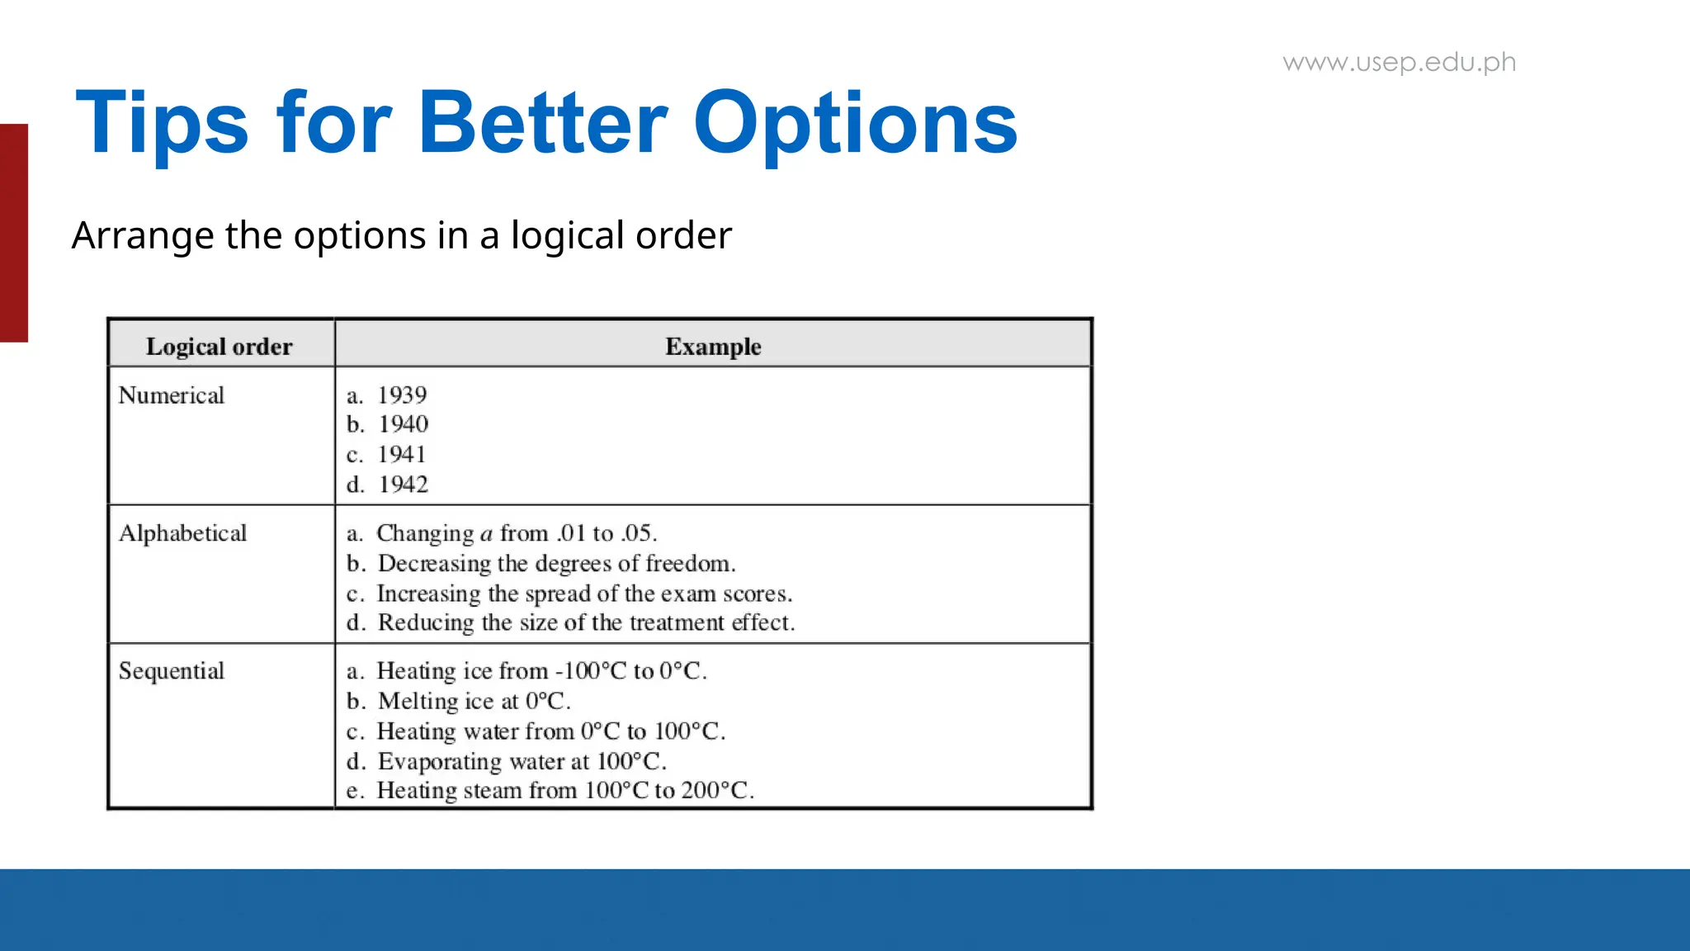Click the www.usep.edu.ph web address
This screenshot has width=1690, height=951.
tap(1399, 63)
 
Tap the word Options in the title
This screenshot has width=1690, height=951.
tap(855, 124)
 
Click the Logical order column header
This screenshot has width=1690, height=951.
tap(219, 347)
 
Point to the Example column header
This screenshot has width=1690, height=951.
tap(713, 347)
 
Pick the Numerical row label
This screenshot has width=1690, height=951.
tap(171, 395)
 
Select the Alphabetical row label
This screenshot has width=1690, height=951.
tap(182, 533)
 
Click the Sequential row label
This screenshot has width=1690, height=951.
tap(171, 671)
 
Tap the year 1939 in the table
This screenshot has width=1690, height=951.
tap(402, 395)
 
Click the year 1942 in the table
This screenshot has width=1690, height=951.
tap(403, 485)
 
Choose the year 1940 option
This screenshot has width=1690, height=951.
tap(403, 424)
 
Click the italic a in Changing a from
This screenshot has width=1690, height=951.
tap(487, 534)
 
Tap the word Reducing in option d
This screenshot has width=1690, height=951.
tap(426, 622)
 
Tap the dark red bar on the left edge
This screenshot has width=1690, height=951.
tap(14, 233)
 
